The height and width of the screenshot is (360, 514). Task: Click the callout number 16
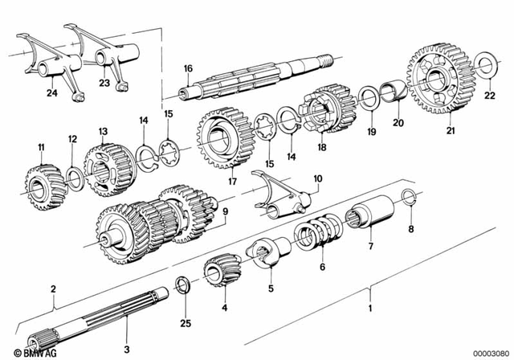click(187, 69)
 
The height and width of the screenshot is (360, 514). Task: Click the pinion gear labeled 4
click(218, 271)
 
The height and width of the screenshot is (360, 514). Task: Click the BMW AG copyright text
click(25, 352)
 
